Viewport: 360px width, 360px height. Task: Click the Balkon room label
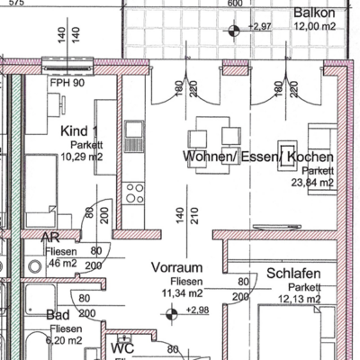coord(314,13)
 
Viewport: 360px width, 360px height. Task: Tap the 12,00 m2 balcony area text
coord(315,26)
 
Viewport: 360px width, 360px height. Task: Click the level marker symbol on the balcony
coord(234,31)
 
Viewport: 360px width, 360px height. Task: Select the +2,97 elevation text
coord(260,27)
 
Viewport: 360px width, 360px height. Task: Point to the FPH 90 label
coord(67,83)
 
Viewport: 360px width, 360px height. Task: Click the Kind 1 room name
coord(79,131)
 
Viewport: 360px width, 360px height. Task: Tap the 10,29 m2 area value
coord(82,157)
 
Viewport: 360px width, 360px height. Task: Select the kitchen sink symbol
coord(134,136)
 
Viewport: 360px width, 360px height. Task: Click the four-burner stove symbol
coord(135,193)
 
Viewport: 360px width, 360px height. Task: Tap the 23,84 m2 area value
coord(312,182)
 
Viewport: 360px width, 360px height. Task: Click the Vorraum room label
coord(176,267)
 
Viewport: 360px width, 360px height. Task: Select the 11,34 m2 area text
coord(183,292)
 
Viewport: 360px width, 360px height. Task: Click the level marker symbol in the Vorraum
coord(171,314)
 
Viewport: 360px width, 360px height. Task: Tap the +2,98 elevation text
coord(197,310)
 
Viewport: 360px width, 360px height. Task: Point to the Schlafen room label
coord(293,274)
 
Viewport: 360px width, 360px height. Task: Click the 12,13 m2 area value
coord(300,299)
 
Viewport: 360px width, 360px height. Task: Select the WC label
coord(122,348)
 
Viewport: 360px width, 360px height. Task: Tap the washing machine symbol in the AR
coord(35,266)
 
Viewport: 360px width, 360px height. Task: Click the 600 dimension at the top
coord(235,3)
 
